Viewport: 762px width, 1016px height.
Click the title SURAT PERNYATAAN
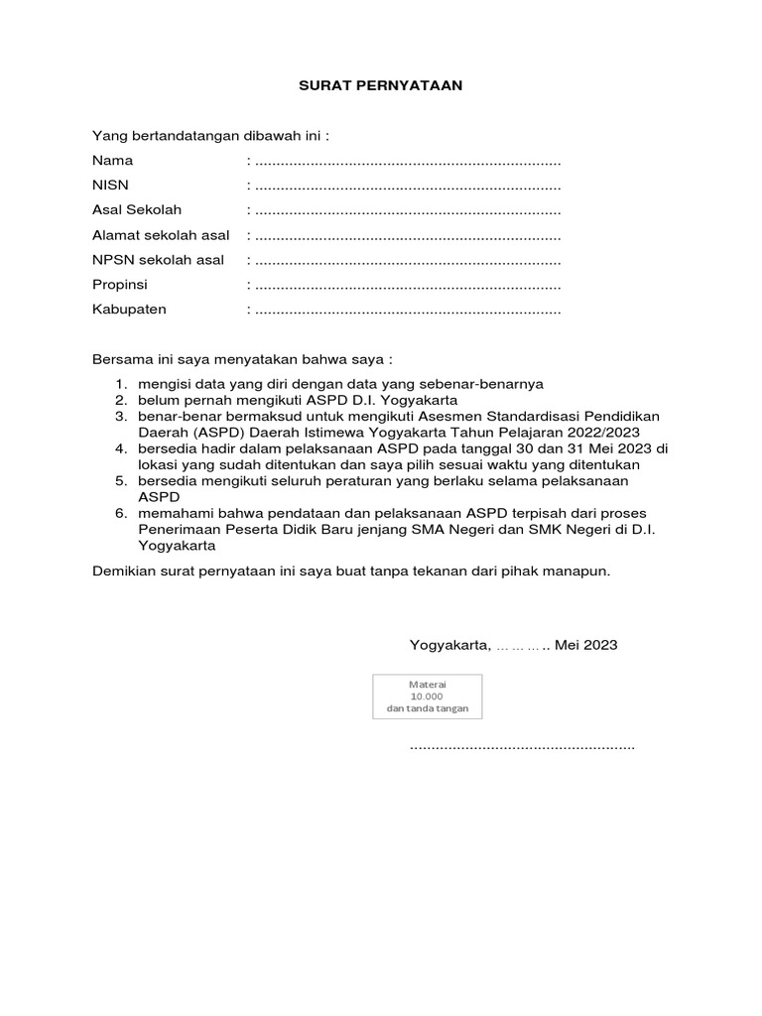(x=381, y=86)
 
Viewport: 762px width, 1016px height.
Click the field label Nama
(x=112, y=161)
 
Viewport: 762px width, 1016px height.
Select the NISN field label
(x=110, y=186)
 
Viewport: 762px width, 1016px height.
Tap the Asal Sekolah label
(x=137, y=210)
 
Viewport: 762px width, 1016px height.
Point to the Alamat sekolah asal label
(x=161, y=235)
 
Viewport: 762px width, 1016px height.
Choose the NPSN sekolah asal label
(x=158, y=260)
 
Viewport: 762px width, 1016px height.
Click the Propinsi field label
(x=119, y=285)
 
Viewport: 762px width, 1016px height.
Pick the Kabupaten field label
(x=129, y=310)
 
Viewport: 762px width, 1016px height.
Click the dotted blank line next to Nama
(x=408, y=162)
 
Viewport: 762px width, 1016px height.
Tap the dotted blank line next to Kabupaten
(x=408, y=311)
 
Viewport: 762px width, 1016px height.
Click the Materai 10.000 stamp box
(x=427, y=697)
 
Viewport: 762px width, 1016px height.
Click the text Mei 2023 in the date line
(x=586, y=645)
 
